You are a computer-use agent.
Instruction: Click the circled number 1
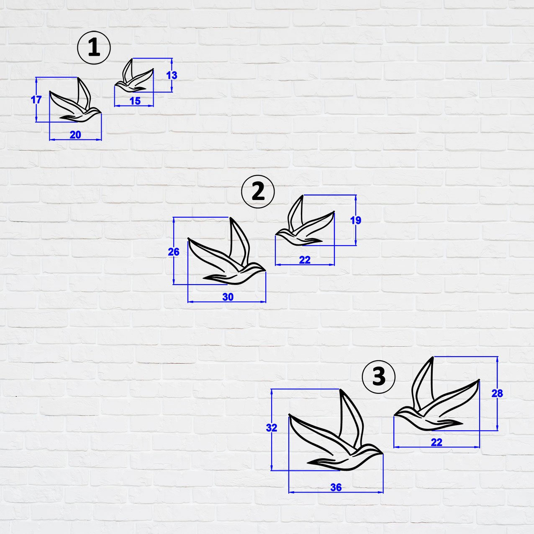(94, 48)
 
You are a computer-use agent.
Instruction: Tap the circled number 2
(258, 192)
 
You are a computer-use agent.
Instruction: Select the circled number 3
(379, 376)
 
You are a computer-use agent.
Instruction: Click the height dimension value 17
(36, 100)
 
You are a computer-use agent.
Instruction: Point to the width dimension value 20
(75, 135)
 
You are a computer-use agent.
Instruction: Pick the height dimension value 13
(172, 75)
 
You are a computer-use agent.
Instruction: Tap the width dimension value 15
(135, 101)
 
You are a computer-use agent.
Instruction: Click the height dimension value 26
(173, 252)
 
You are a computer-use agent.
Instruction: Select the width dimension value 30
(228, 297)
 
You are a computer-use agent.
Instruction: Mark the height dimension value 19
(355, 221)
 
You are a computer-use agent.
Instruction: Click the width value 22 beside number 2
(305, 260)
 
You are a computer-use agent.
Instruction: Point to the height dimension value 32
(272, 428)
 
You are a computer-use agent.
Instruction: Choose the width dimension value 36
(336, 488)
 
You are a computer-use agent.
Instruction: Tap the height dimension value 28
(497, 393)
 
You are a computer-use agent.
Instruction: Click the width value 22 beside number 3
(436, 442)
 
